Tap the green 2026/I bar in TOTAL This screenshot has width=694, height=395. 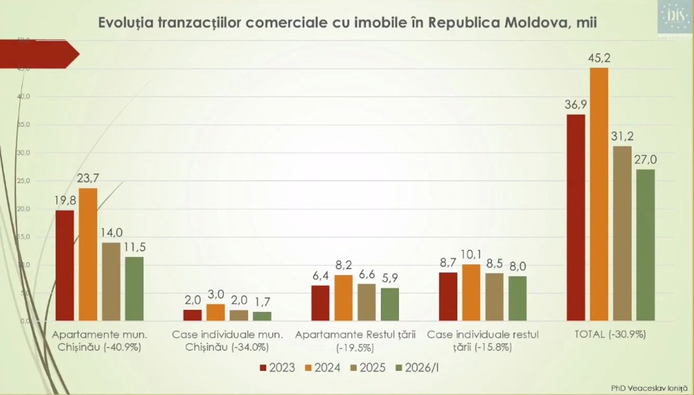click(645, 245)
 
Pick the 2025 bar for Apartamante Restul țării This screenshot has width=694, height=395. click(367, 302)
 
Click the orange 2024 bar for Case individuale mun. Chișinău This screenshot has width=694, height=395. click(216, 312)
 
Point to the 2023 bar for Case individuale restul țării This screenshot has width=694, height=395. click(448, 296)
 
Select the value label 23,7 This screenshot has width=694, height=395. click(88, 179)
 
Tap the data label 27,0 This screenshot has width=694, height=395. click(646, 160)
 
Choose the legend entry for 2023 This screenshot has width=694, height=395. click(278, 368)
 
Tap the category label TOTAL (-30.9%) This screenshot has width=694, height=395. click(610, 335)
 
